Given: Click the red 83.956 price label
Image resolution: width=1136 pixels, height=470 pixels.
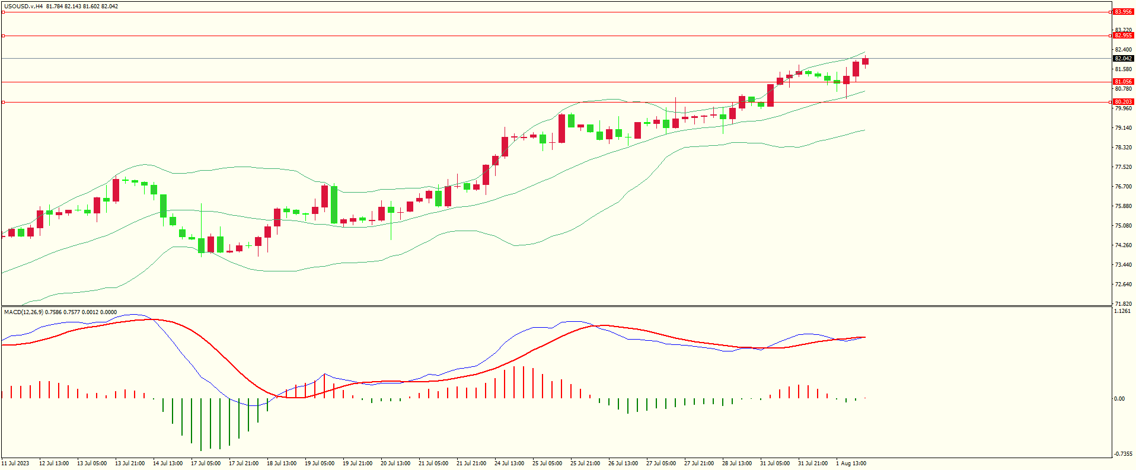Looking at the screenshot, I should tap(1123, 12).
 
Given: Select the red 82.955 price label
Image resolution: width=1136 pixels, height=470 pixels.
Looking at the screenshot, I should tap(1123, 36).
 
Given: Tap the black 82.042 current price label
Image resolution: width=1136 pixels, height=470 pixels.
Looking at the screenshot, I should tap(1123, 59).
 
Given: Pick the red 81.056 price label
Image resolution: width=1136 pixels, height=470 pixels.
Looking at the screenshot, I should tap(1123, 82).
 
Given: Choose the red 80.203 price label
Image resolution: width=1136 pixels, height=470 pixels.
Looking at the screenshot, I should tap(1123, 102).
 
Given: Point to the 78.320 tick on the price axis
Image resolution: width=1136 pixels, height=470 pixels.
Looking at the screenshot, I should tap(1123, 148).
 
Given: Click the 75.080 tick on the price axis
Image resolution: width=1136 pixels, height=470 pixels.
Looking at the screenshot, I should tap(1123, 226).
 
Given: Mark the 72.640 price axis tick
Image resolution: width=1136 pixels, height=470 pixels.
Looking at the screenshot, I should tap(1123, 284).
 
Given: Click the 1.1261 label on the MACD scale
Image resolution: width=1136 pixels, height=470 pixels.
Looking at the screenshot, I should tap(1122, 311).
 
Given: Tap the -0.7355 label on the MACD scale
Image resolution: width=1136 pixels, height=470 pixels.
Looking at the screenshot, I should tap(1122, 454).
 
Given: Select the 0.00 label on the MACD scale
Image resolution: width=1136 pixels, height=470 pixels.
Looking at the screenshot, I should tap(1119, 399).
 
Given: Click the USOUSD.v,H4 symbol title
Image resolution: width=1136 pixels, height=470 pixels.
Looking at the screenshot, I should tap(23, 7).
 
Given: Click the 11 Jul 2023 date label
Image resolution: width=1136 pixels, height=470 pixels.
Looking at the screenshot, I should tap(15, 463).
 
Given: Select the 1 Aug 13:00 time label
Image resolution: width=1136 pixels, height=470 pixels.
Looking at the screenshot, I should tap(851, 463).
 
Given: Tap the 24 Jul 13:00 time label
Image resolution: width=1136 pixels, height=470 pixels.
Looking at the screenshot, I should tap(509, 463).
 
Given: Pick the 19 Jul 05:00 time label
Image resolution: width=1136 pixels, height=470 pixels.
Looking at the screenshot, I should tap(320, 463).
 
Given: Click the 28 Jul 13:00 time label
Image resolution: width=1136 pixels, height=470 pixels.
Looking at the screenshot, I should tap(737, 463).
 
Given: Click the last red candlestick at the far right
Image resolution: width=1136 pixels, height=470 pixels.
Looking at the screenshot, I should tap(865, 61).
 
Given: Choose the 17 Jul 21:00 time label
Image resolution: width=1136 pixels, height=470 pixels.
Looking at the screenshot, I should tap(244, 463).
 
